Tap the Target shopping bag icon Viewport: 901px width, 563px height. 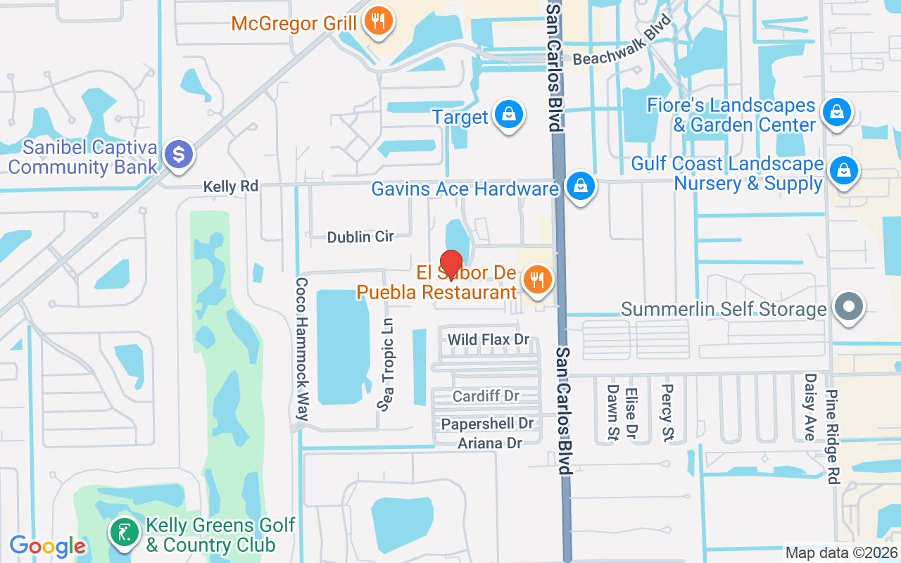(508, 115)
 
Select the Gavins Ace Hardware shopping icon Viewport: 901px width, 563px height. (579, 186)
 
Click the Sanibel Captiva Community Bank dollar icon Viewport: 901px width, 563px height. (179, 153)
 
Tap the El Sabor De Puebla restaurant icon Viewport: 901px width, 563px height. (538, 281)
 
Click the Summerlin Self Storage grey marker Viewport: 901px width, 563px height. (849, 307)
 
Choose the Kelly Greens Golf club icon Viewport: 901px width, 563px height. (125, 532)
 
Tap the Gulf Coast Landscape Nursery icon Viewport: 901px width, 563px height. (843, 171)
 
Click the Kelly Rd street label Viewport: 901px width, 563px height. (231, 186)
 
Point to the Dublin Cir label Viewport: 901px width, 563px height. (360, 237)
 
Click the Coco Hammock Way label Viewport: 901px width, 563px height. (302, 348)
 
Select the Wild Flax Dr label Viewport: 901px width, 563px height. (489, 340)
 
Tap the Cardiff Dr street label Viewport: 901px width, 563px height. (486, 396)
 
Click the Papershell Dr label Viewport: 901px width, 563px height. (487, 424)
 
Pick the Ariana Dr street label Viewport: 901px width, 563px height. (490, 443)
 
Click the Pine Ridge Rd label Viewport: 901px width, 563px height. (833, 436)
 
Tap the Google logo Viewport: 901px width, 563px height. (47, 545)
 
